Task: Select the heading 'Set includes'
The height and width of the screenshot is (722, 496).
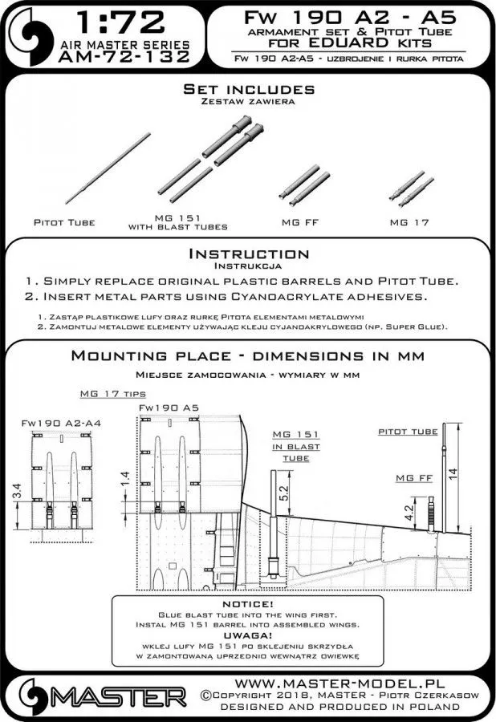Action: [x=247, y=87]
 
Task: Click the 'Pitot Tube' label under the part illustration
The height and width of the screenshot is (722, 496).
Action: [x=65, y=221]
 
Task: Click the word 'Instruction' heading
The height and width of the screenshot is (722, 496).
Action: [x=247, y=254]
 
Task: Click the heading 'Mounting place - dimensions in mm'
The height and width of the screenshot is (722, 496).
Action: [x=247, y=355]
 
